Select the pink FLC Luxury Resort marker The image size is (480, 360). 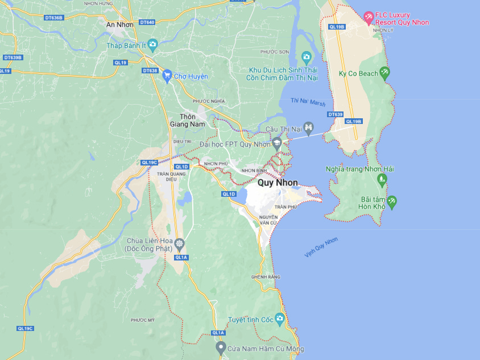pyautogui.click(x=369, y=18)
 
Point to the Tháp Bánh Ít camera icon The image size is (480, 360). pyautogui.click(x=152, y=44)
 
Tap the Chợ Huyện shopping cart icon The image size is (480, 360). pyautogui.click(x=167, y=76)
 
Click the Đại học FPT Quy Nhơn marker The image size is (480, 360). pyautogui.click(x=277, y=143)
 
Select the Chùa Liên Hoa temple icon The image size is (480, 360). pyautogui.click(x=180, y=245)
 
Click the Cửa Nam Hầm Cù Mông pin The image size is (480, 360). pyautogui.click(x=221, y=347)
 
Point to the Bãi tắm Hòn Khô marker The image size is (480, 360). pyautogui.click(x=391, y=202)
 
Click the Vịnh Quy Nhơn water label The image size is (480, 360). pyautogui.click(x=321, y=247)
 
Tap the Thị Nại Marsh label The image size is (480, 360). pyautogui.click(x=308, y=102)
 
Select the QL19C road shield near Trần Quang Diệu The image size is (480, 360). pyautogui.click(x=149, y=163)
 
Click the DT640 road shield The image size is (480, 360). pyautogui.click(x=147, y=22)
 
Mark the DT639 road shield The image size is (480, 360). pyautogui.click(x=336, y=114)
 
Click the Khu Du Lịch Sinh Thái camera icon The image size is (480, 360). pyautogui.click(x=306, y=56)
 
